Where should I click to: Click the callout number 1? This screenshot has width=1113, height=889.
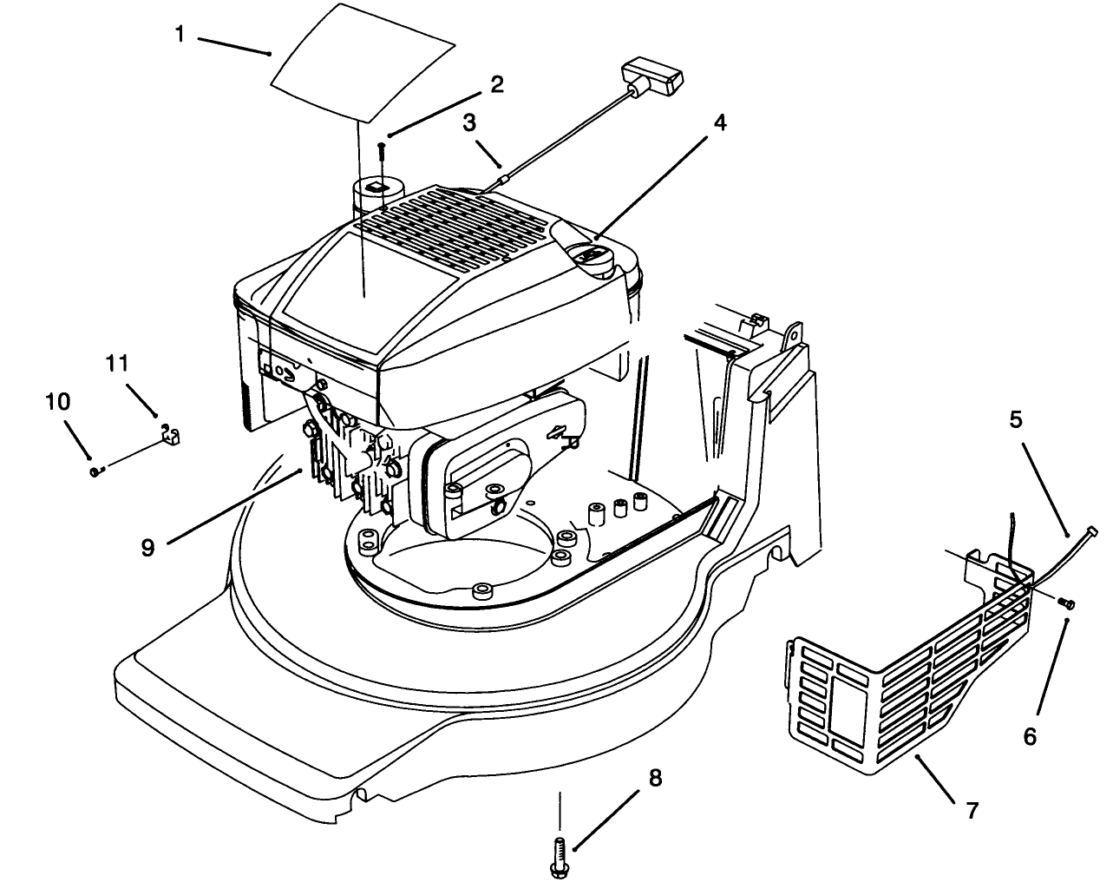(x=180, y=35)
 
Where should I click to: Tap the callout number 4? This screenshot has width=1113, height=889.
(x=719, y=122)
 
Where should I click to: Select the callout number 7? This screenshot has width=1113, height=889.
(x=972, y=810)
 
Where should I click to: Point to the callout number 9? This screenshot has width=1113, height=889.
(x=148, y=547)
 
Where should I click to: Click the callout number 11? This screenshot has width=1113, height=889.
(x=117, y=364)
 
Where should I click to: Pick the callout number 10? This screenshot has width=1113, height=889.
(x=58, y=401)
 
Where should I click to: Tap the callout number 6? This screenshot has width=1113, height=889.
(x=1030, y=736)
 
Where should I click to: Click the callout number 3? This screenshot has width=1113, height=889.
(x=469, y=123)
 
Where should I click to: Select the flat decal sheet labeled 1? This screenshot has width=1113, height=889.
(x=363, y=63)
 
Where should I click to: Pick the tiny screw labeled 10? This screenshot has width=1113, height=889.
(x=96, y=471)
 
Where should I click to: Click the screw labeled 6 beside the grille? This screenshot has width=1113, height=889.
(x=1065, y=603)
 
